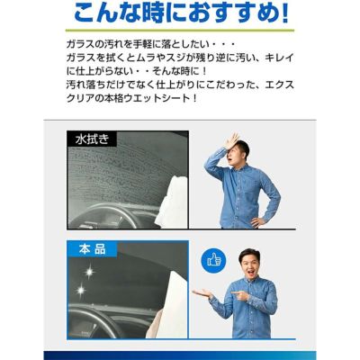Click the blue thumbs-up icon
click(x=213, y=260)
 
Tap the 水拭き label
click(x=92, y=139)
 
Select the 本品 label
click(x=92, y=249)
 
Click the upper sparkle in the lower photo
click(x=89, y=273)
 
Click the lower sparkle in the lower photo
click(x=80, y=290)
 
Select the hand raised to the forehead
click(x=230, y=140)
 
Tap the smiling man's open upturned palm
click(x=202, y=292)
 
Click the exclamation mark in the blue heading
click(x=285, y=13)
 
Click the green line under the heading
click(x=180, y=31)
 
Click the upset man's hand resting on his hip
click(x=257, y=222)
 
